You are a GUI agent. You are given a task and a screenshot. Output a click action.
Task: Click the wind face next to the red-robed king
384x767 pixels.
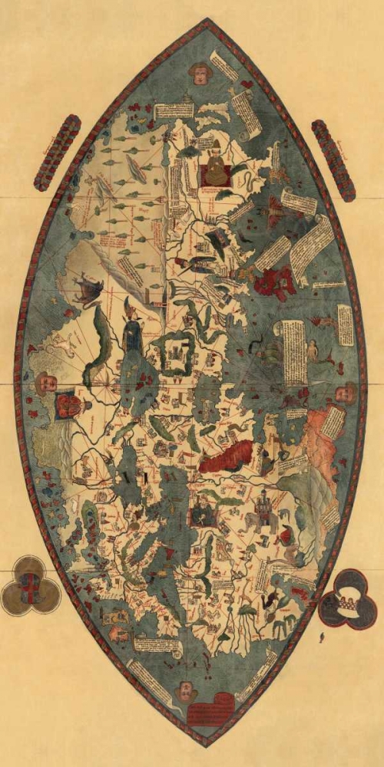pyautogui.click(x=44, y=381)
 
